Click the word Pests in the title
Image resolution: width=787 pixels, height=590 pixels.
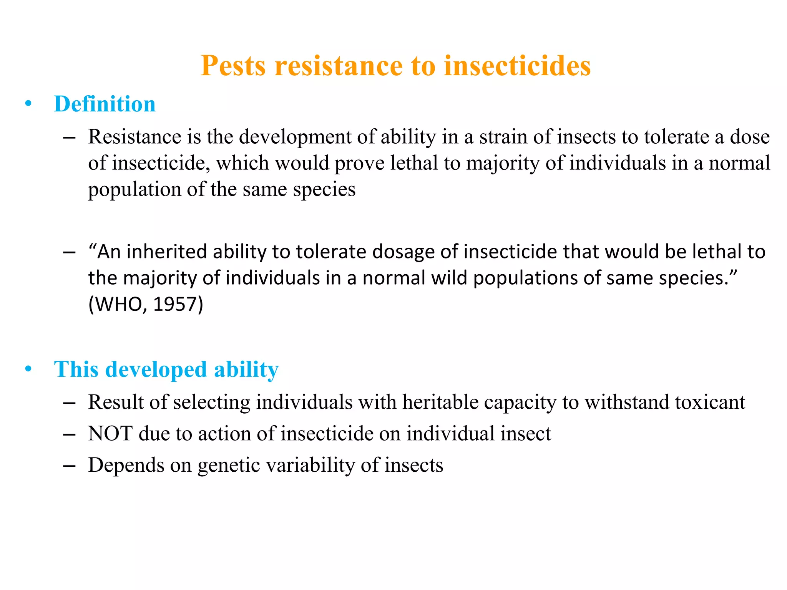pos(233,66)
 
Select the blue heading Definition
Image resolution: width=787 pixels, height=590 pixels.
pos(105,104)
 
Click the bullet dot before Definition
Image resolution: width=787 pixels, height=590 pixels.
pos(28,104)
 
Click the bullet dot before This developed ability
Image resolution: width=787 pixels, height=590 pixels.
pos(28,369)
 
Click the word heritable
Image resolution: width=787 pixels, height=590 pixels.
pos(440,402)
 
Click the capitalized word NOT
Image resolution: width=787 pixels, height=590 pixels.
pos(110,434)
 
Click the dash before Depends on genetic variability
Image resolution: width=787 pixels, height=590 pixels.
pos(69,466)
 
